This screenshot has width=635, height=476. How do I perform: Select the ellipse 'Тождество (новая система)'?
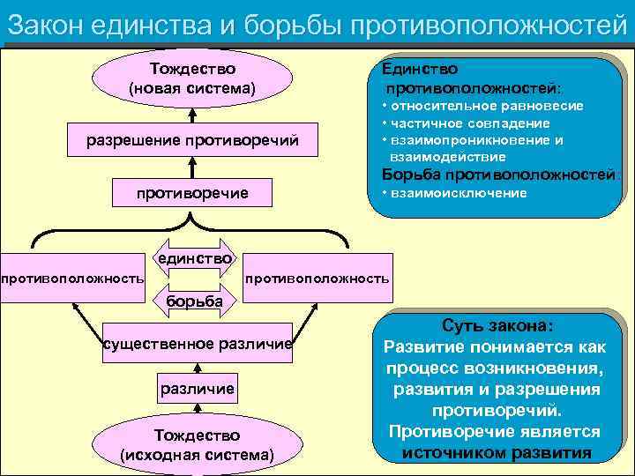pos(191,78)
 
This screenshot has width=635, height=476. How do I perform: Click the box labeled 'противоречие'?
pos(191,192)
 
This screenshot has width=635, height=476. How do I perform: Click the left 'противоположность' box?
pos(72,279)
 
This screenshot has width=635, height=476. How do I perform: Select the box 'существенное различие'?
pos(198,343)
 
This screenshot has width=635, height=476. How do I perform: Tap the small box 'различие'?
pos(197,388)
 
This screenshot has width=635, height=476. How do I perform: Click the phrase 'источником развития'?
pos(497,453)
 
